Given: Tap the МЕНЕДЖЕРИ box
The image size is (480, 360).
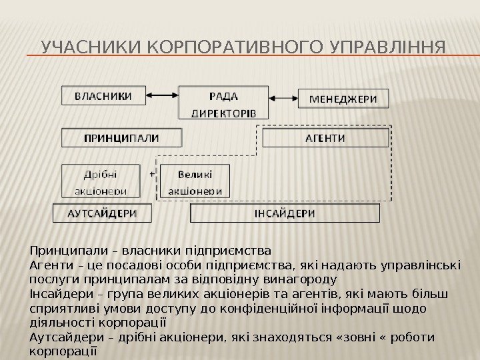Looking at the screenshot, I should pos(342,99).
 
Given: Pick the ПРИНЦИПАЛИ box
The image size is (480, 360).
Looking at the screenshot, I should pos(121,138).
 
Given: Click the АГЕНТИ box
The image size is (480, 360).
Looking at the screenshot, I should pos(325,138).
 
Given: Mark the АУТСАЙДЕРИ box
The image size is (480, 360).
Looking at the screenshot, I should pos(102,213).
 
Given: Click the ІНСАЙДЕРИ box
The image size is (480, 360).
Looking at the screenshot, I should pos(285,213).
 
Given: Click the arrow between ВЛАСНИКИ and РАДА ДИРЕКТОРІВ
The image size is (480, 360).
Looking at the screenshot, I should pos(163,96).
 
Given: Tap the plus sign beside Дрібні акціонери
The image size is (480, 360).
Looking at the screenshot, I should pos(151,173).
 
